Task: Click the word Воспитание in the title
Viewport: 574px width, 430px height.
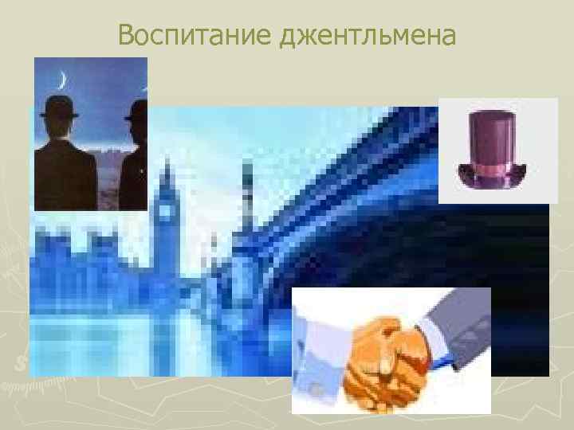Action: (x=195, y=35)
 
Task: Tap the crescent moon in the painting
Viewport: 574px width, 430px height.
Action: (x=61, y=79)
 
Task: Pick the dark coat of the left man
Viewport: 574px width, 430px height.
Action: (x=64, y=171)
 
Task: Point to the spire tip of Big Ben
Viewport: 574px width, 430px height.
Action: (x=167, y=159)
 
